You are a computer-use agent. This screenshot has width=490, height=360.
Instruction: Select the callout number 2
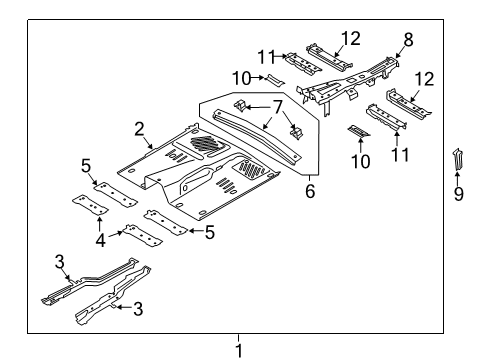pos(141,128)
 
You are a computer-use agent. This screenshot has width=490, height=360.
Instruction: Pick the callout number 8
pos(407,41)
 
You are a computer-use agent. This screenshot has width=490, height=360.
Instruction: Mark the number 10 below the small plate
pos(360,160)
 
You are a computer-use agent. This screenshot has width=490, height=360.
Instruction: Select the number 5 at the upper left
pos(87,165)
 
